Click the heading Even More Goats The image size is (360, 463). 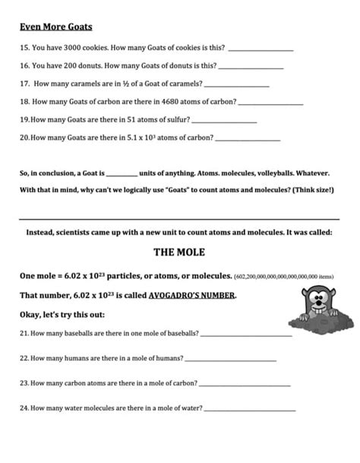(x=55, y=27)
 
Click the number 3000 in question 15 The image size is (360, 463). (x=69, y=48)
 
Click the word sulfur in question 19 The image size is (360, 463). (x=174, y=120)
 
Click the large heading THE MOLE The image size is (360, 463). (x=179, y=252)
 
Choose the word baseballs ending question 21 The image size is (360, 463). (x=181, y=334)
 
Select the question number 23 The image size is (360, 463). (x=24, y=383)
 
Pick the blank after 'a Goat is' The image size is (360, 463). (x=122, y=174)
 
